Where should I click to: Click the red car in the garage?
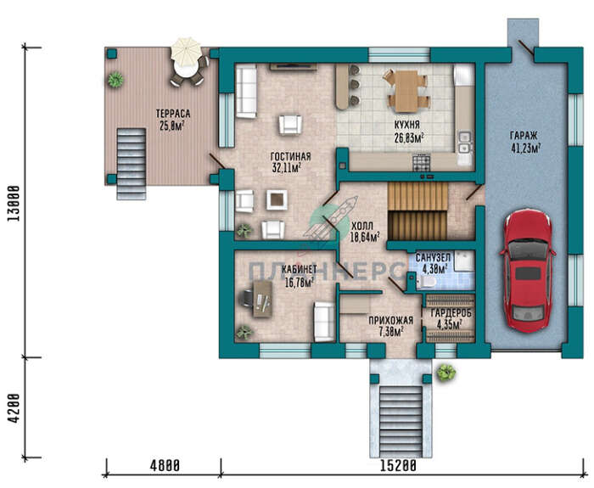527,272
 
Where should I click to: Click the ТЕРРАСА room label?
173,114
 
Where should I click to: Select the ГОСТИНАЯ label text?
290,156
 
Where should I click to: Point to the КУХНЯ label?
406,125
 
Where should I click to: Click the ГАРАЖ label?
524,136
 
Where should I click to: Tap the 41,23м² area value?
526,149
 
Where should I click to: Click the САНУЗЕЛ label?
433,258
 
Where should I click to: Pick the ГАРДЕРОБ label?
451,314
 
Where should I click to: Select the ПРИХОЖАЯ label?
391,321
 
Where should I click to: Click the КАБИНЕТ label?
300,269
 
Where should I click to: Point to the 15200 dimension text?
399,466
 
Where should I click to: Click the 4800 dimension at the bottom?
165,466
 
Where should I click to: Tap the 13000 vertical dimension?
14,204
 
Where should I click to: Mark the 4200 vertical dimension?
14,408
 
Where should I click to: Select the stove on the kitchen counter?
421,162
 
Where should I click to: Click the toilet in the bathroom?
426,282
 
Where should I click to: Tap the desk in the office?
262,300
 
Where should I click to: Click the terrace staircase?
132,164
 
